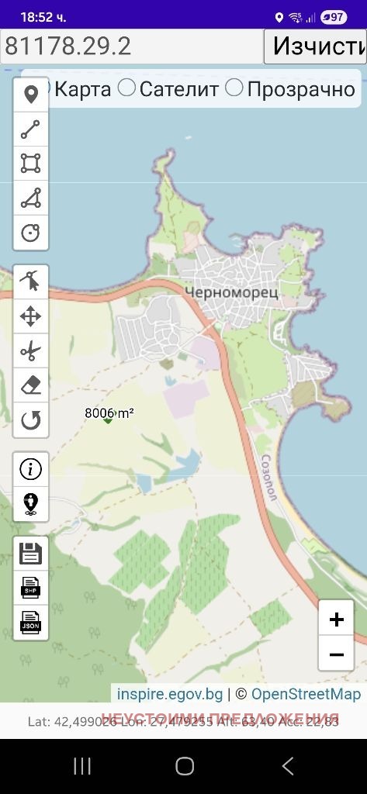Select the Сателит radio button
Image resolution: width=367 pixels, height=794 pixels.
click(x=126, y=88)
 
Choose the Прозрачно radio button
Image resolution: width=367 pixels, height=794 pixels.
click(x=234, y=88)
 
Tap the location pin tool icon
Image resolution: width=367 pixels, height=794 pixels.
click(x=31, y=95)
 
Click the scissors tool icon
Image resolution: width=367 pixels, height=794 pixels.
click(x=31, y=351)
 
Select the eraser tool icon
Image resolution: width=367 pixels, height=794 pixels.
click(x=31, y=385)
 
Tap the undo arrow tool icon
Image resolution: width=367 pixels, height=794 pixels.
click(x=31, y=420)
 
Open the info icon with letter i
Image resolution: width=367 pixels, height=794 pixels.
click(x=31, y=469)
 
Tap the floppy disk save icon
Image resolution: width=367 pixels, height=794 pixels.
click(x=31, y=554)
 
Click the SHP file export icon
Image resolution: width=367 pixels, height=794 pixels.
click(x=31, y=588)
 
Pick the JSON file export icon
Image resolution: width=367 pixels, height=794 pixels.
click(x=31, y=622)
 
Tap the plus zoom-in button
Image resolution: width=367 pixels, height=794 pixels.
click(x=336, y=619)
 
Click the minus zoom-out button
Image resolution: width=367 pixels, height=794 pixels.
click(x=336, y=654)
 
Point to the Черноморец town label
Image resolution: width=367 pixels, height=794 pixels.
click(x=221, y=292)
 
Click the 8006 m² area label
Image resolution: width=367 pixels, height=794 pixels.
click(x=109, y=413)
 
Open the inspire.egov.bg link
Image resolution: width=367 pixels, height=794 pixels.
click(x=170, y=693)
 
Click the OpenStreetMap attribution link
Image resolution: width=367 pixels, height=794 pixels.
click(x=306, y=693)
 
